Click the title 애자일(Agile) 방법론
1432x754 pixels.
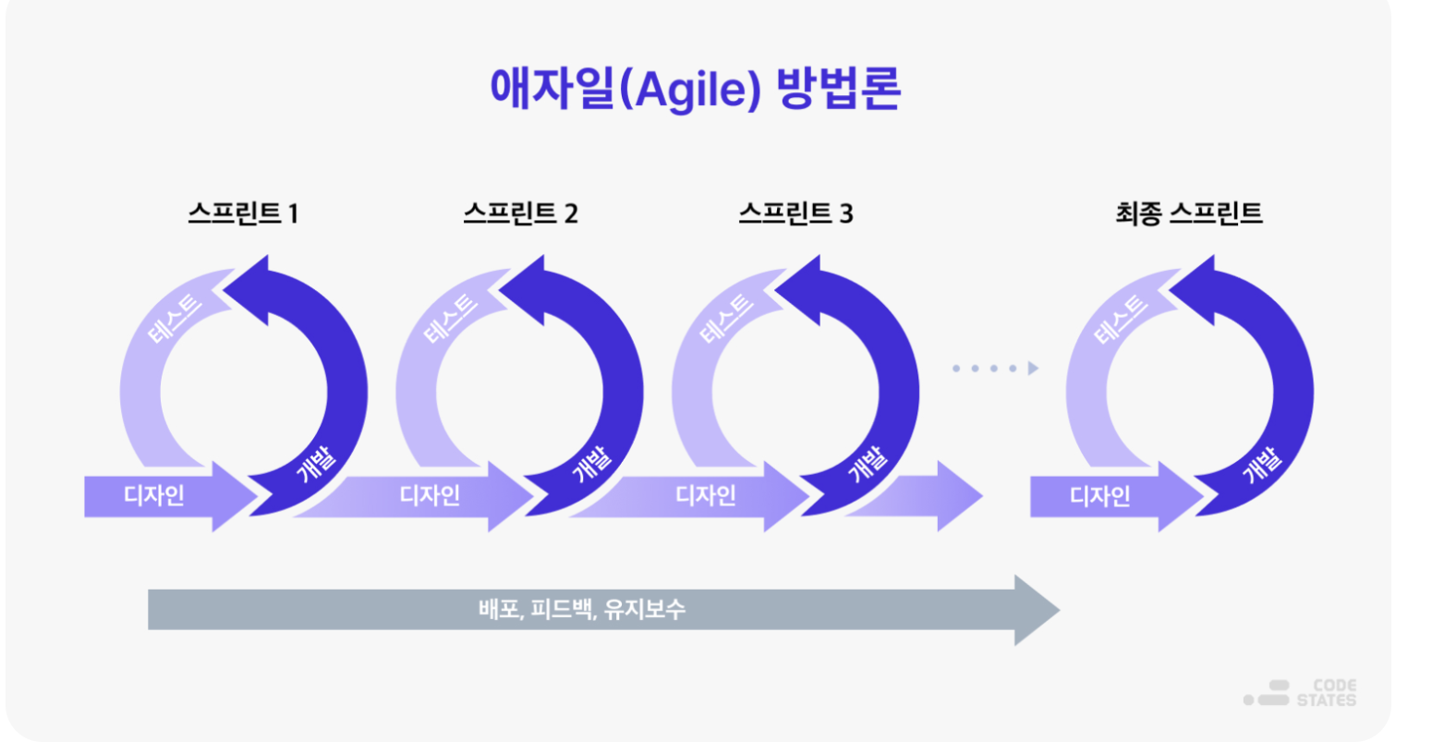696,89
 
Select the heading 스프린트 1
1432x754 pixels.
243,213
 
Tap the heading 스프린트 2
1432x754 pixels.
520,213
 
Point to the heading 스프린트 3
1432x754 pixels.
795,213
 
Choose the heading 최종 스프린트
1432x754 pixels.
1189,213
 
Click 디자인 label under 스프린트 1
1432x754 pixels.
154,495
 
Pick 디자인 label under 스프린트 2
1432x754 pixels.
430,495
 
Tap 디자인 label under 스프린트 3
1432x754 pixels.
706,495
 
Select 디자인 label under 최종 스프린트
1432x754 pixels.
1100,495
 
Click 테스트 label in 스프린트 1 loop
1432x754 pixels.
175,318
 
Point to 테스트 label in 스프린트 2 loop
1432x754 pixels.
451,318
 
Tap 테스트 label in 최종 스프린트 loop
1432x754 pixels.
1121,318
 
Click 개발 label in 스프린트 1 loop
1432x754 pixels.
316,464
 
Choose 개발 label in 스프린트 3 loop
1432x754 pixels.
868,464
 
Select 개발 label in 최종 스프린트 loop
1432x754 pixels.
1262,464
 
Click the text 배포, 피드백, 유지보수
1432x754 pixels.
582,610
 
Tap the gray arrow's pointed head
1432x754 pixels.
1059,610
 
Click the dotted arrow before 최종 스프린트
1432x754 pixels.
995,369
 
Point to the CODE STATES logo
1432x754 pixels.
1300,693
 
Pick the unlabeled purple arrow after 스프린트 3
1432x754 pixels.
915,495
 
